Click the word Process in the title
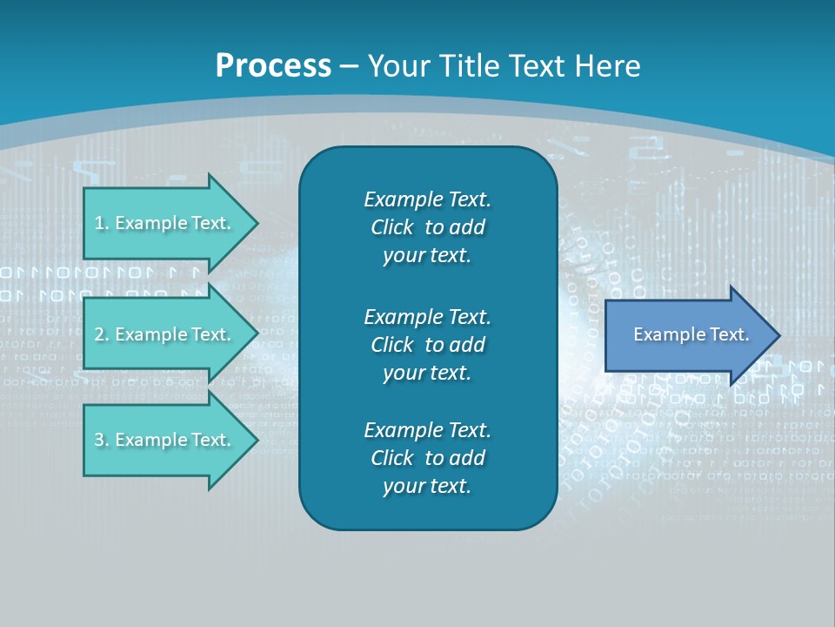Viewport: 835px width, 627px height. tap(273, 66)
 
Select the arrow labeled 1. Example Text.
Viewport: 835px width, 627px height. tap(165, 223)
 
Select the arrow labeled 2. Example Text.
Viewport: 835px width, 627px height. tap(165, 334)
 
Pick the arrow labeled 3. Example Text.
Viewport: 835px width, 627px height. tap(165, 440)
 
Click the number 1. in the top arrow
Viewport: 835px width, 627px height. tap(101, 223)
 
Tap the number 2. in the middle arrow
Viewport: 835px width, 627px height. tap(101, 334)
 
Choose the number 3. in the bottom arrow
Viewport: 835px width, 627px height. tap(101, 440)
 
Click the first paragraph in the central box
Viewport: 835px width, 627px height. tap(427, 227)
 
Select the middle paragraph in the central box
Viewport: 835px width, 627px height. tap(427, 345)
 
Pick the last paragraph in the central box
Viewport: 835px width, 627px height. tap(427, 458)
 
